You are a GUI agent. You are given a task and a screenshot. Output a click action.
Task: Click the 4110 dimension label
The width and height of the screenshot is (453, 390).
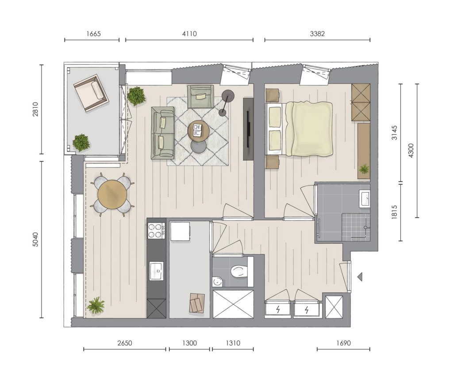click(189, 34)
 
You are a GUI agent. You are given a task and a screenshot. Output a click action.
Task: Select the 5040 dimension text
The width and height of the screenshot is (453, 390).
click(35, 239)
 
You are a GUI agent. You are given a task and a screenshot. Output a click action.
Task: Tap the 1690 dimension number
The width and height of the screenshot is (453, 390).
click(343, 343)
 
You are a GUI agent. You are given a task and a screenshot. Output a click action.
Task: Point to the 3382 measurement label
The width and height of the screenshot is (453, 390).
click(317, 34)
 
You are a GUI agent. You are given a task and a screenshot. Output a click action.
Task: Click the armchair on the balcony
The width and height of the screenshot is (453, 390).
click(91, 93)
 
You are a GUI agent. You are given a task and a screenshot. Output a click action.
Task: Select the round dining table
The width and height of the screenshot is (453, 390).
click(112, 194)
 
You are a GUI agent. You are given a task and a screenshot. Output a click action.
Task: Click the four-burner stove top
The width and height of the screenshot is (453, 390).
click(156, 231)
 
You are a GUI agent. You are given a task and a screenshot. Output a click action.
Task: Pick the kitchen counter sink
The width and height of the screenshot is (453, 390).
click(156, 271)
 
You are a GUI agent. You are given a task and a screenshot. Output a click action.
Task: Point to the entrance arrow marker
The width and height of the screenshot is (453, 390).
click(360, 277)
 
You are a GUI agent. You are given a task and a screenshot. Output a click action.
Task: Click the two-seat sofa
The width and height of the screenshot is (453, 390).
click(163, 133)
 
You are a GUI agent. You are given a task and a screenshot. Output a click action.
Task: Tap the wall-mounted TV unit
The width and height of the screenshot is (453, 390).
click(248, 129)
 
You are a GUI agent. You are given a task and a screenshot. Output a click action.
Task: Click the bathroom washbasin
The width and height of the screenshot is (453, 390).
click(365, 198)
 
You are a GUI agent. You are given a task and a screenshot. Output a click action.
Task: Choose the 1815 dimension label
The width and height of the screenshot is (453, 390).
click(394, 212)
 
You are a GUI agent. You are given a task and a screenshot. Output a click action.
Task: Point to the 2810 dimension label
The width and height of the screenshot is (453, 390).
click(35, 109)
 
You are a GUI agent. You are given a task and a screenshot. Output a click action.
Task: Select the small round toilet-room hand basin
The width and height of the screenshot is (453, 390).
click(217, 281)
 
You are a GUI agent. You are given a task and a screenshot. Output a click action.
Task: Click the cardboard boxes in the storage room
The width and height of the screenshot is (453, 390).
click(197, 303)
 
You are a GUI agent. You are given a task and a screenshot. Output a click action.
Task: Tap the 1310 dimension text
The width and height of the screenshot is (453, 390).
click(233, 343)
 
